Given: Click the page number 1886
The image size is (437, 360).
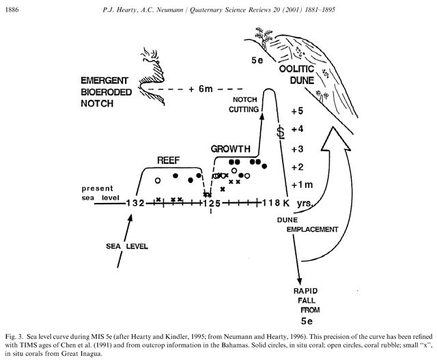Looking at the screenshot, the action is click(12, 10).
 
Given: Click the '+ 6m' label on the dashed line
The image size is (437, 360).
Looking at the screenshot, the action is click(200, 89).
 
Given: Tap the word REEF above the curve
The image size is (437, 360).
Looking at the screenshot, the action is click(169, 161).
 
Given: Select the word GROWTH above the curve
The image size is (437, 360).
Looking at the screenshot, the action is click(231, 149).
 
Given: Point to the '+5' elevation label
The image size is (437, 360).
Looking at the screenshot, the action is click(297, 111).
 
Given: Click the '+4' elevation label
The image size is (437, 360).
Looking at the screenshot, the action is click(297, 129).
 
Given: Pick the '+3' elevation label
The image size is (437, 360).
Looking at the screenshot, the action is click(297, 149).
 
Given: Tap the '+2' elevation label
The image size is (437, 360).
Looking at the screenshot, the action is click(297, 167).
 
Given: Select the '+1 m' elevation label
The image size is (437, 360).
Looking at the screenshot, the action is click(302, 185).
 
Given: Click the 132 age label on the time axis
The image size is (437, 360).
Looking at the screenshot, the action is click(135, 203).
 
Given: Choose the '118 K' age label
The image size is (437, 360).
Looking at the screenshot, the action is click(275, 203).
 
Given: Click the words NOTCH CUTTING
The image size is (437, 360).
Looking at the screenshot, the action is click(244, 105).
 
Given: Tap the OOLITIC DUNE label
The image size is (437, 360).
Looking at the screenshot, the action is click(296, 74).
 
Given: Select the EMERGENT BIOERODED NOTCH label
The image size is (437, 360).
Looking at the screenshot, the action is click(107, 92).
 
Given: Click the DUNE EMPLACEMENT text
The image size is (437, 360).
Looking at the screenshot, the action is click(307, 225).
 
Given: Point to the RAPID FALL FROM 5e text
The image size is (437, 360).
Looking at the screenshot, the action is click(307, 306).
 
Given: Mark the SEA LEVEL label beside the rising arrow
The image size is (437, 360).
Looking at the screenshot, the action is click(127, 246).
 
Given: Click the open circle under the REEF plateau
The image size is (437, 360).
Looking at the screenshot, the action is click(158, 181).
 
